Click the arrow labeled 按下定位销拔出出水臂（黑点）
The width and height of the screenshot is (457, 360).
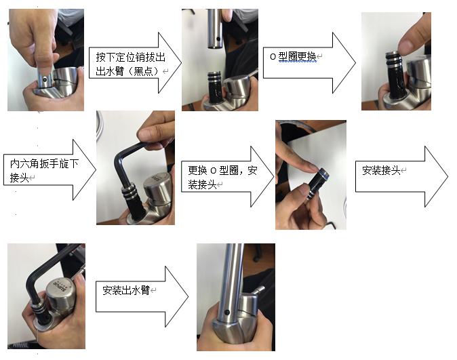coord(135,62)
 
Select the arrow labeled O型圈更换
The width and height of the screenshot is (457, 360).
coord(309,62)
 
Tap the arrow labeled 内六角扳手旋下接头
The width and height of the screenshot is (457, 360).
coord(49,169)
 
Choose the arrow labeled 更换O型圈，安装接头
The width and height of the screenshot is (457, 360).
coord(227,177)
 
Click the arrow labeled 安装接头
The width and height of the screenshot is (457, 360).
coord(401,177)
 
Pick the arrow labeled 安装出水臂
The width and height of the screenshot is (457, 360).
coord(142,296)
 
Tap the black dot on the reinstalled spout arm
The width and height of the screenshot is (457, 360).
coord(227,313)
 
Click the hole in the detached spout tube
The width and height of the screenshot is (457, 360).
coord(218,39)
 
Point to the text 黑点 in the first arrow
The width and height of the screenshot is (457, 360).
coord(143,71)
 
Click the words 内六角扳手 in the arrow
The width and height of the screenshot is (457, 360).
coord(34,163)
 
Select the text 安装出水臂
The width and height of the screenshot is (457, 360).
coord(125,290)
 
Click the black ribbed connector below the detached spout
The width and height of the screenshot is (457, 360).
coord(215,87)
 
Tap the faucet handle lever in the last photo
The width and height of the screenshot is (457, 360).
coord(258,290)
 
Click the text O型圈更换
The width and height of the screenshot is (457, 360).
coord(293,56)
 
